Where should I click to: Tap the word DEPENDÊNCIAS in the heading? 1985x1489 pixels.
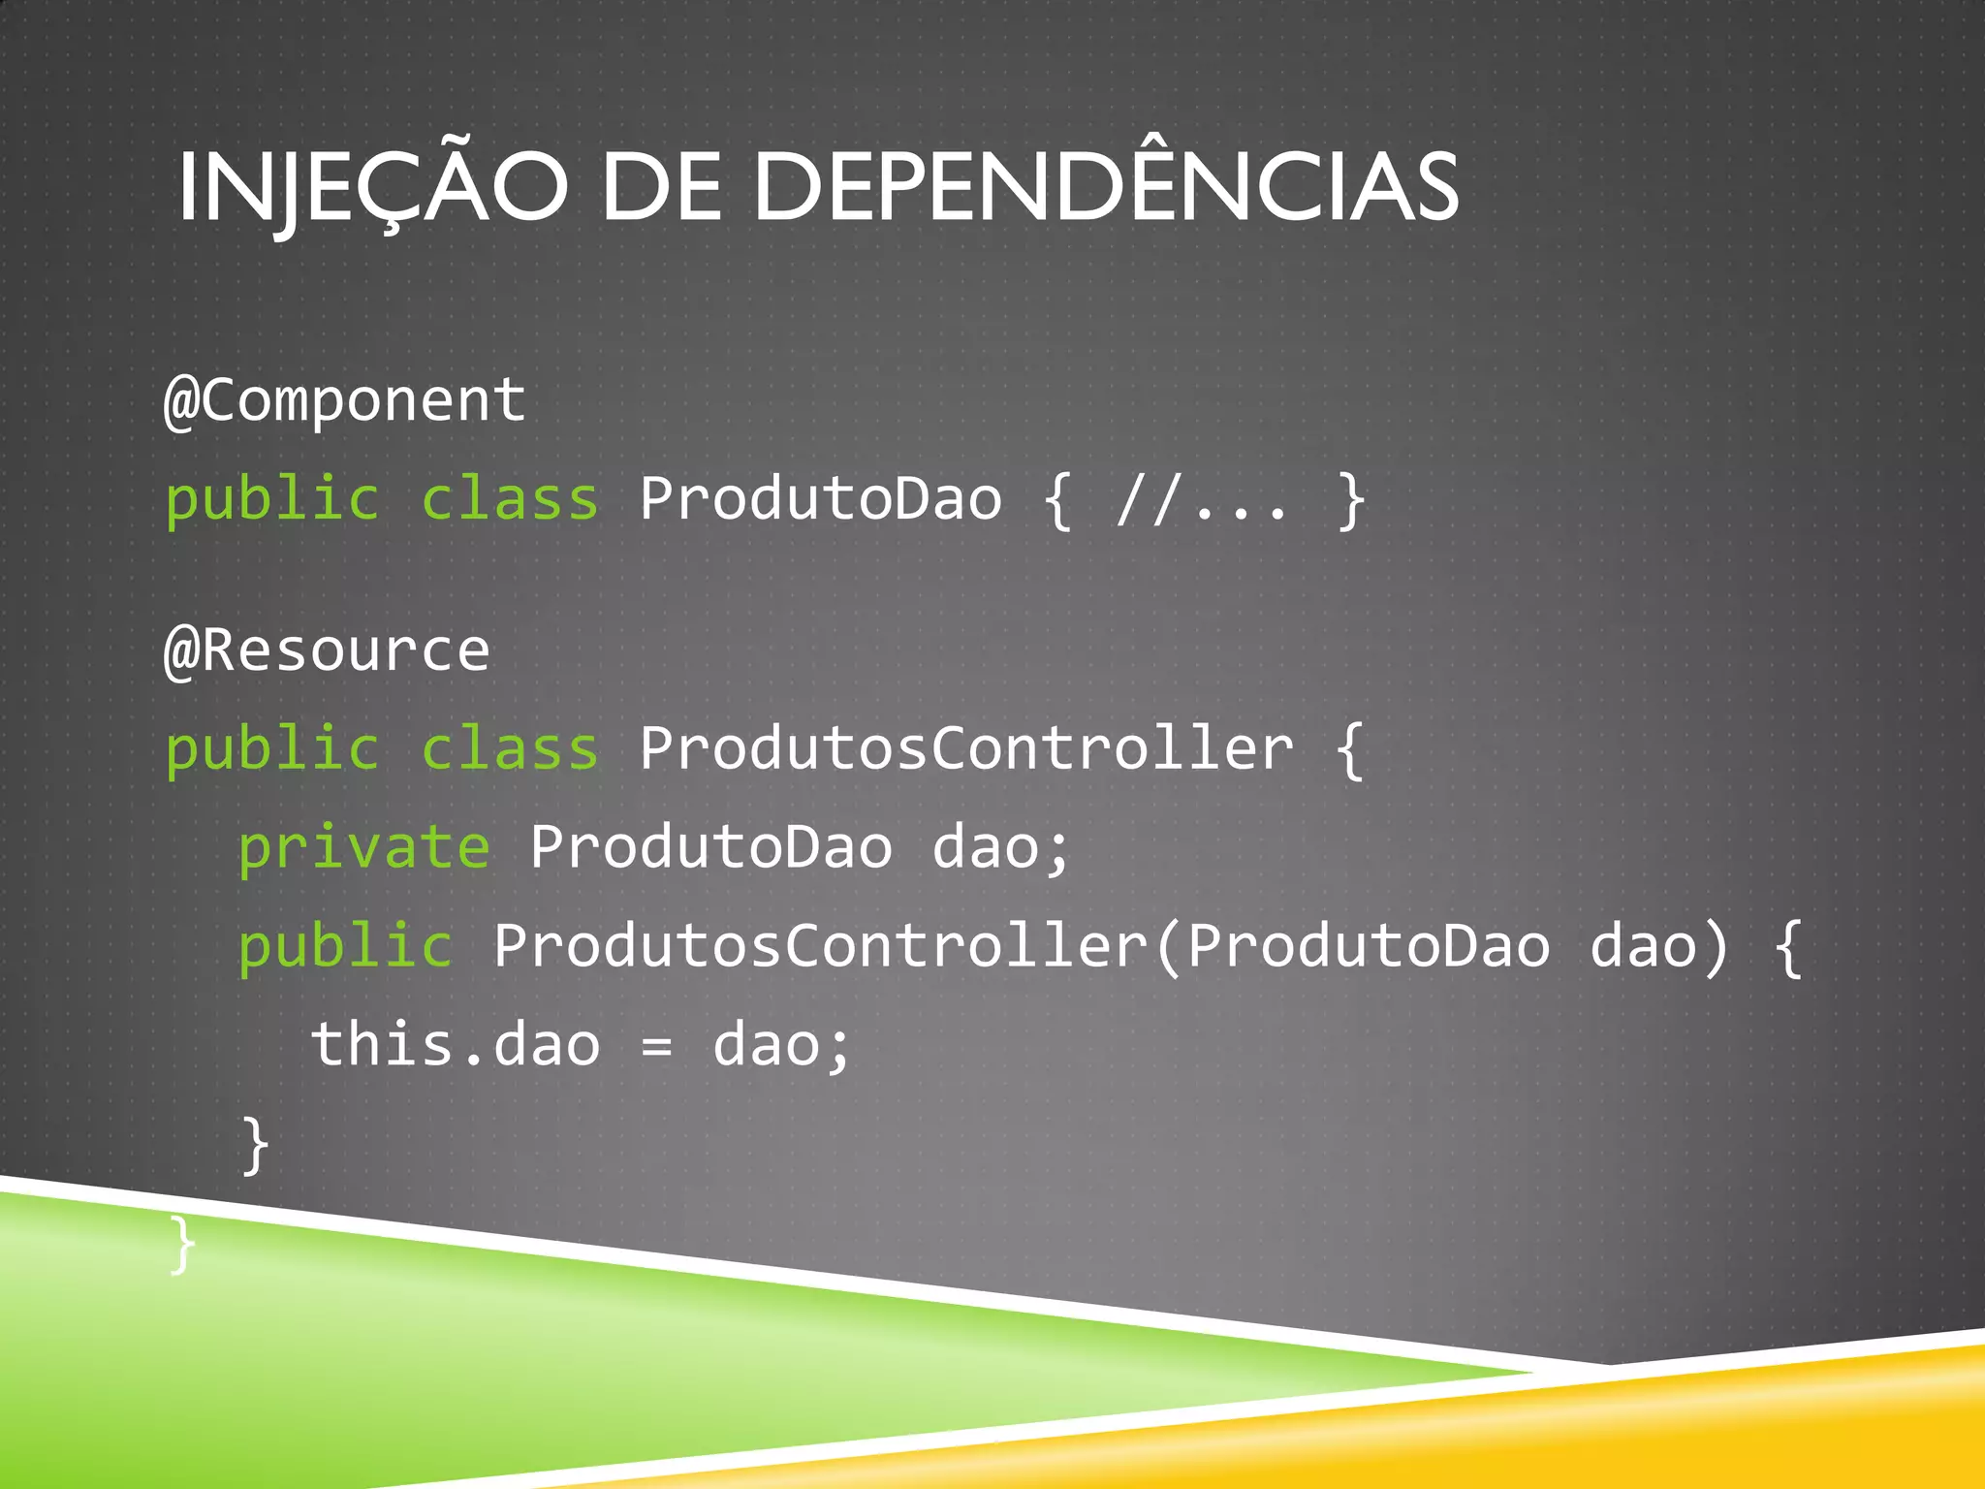tap(1105, 187)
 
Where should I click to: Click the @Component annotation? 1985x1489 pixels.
tap(345, 400)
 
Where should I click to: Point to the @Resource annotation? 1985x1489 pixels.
tap(328, 649)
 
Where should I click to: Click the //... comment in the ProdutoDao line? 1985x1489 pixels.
tap(1203, 500)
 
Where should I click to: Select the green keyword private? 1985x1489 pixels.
tap(364, 848)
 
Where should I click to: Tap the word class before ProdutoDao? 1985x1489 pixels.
tap(511, 500)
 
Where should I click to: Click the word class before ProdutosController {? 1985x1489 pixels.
tap(511, 749)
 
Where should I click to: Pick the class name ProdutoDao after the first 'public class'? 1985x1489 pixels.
tap(820, 500)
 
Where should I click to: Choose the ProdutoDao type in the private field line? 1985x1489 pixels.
tap(710, 848)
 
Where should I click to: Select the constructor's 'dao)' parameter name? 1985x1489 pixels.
tap(1658, 947)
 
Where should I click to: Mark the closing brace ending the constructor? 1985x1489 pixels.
tap(255, 1145)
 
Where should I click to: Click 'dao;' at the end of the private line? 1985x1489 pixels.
tap(1001, 848)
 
